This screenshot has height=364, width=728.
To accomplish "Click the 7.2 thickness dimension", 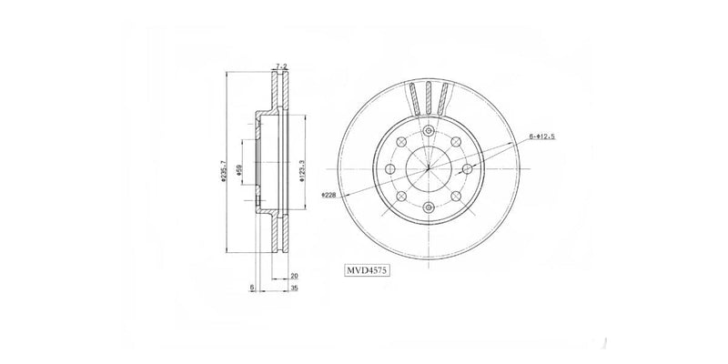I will click(281, 66).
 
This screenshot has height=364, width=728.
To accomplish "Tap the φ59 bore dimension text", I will click(238, 170).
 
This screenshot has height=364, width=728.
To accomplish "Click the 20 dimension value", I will click(294, 275).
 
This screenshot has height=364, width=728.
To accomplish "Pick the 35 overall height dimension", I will click(294, 288).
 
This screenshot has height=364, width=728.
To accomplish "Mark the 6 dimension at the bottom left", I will click(251, 288).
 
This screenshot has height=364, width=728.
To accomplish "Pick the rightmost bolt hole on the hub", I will click(467, 169).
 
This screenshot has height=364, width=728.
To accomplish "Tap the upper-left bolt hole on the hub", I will click(400, 142).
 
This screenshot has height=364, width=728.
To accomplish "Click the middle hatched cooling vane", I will click(428, 95).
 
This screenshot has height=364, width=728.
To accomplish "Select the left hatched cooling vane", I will click(414, 96).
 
